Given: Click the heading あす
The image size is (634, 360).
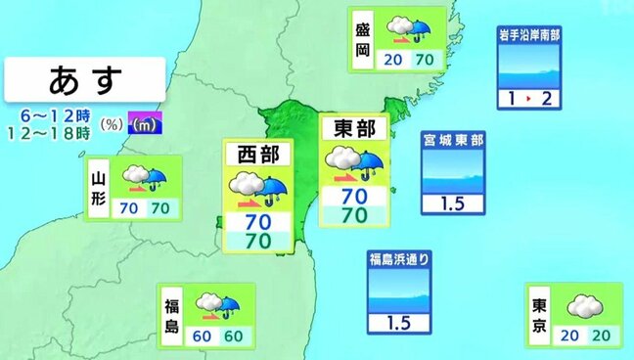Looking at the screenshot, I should click(83, 76).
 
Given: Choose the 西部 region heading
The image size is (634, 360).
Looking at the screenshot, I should click(256, 155).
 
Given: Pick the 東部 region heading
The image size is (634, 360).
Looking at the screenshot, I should click(354, 129).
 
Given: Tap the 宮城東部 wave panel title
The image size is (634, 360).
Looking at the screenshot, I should click(453, 141).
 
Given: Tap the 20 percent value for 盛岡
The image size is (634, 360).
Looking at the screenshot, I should click(394, 60).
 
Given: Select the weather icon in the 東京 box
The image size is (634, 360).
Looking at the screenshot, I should click(583, 304).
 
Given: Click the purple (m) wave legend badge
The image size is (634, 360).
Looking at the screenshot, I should click(143, 124).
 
